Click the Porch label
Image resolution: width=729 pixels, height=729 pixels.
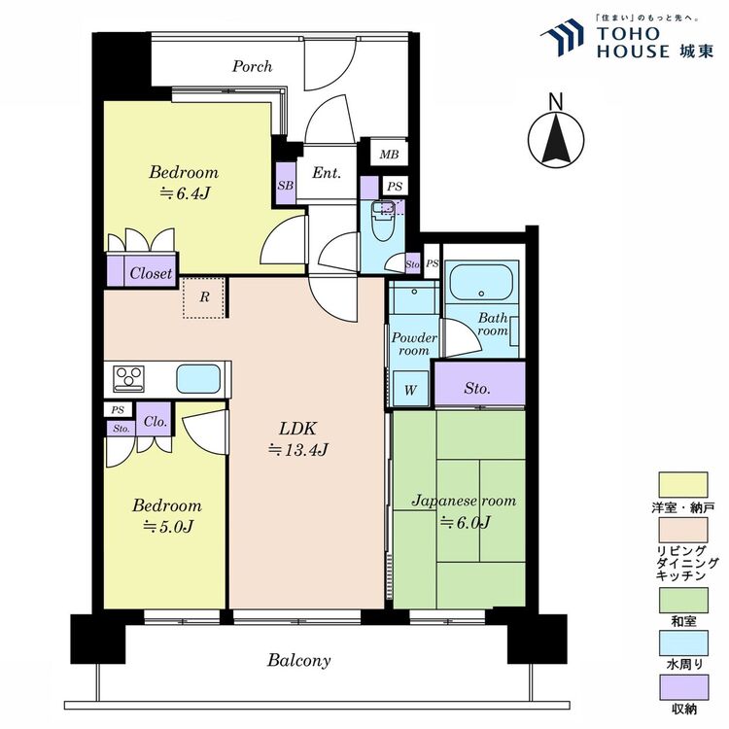tap(252, 66)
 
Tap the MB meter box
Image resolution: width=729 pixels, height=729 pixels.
tap(389, 153)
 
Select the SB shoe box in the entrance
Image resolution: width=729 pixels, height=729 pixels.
tap(286, 183)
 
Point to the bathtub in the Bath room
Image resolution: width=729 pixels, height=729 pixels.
tap(481, 283)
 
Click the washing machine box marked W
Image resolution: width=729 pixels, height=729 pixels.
tap(410, 389)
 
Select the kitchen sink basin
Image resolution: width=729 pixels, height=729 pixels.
tap(198, 378)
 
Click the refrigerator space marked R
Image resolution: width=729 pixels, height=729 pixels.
tap(204, 298)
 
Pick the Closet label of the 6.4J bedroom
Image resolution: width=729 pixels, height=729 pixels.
tap(151, 273)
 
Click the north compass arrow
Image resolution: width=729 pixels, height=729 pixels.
tap(556, 140)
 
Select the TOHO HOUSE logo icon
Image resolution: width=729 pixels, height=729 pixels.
tap(562, 36)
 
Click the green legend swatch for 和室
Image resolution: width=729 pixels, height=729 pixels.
tap(683, 601)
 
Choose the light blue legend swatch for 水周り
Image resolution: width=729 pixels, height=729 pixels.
tap(683, 643)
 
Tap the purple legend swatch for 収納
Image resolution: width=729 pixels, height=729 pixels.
tap(683, 687)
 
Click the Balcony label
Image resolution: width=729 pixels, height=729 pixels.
tap(298, 660)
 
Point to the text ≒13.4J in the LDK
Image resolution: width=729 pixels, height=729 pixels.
tap(298, 450)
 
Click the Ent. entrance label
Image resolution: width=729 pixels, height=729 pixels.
tap(327, 173)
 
